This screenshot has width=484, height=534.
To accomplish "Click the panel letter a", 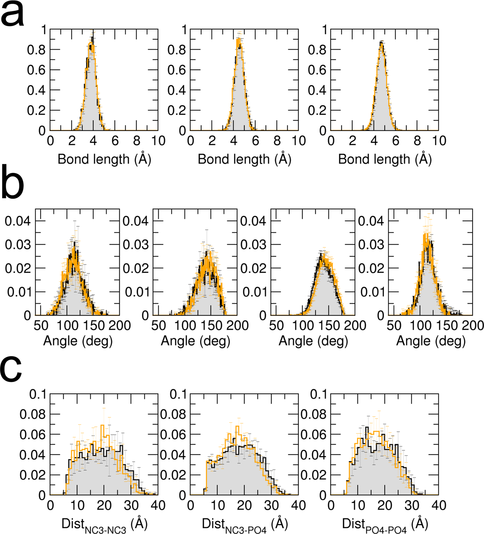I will pyautogui.click(x=13, y=15).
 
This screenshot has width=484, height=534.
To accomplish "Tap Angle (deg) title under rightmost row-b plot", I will pyautogui.click(x=431, y=341).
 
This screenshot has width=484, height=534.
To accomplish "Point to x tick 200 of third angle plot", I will pyautogui.click(x=355, y=325).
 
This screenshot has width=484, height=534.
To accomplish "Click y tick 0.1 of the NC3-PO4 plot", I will pyautogui.click(x=178, y=394).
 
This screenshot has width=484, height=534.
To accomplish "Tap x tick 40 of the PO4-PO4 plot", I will pyautogui.click(x=438, y=506).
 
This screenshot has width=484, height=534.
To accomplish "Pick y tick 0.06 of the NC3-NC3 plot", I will pyautogui.click(x=33, y=434).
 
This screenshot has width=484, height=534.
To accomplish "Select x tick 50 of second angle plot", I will pyautogui.click(x=159, y=325).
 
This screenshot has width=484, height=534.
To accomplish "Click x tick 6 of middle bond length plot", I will pyautogui.click(x=255, y=141).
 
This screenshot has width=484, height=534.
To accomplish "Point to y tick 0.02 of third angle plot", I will pyautogui.click(x=253, y=268).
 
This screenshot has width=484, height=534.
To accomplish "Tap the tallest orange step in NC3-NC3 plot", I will pyautogui.click(x=103, y=426).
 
